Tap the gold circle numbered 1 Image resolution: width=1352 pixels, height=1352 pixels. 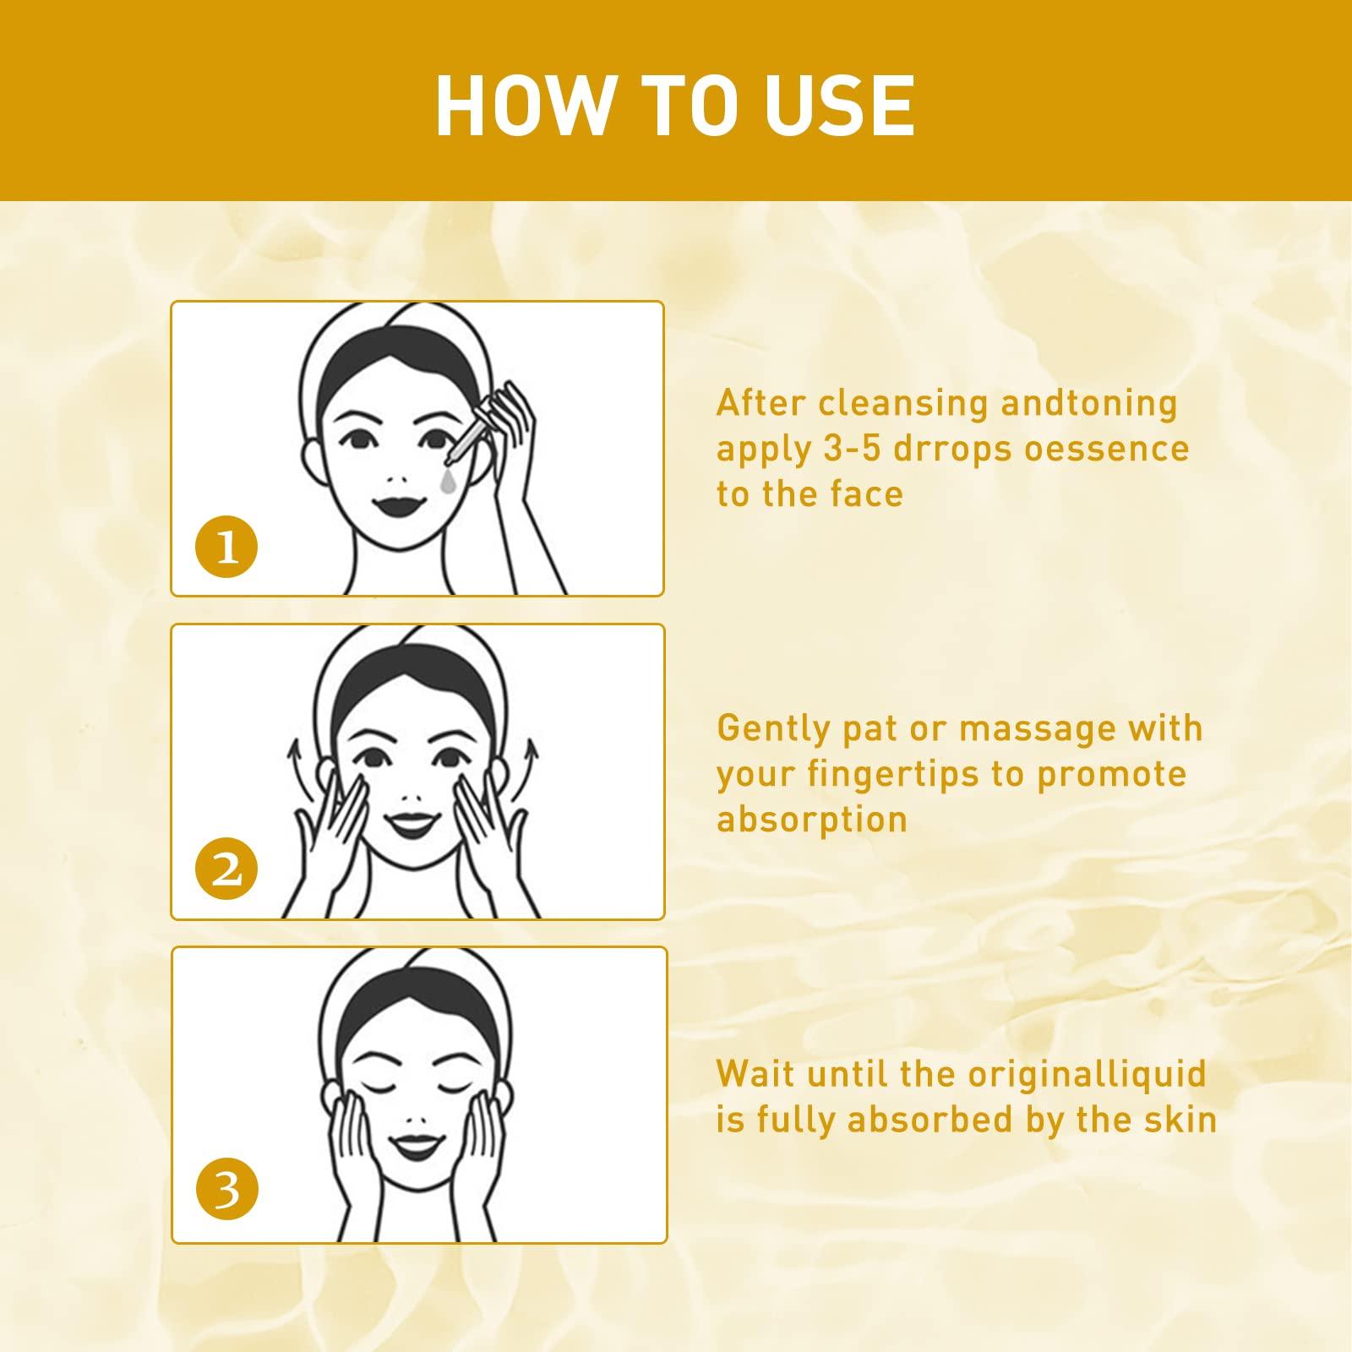[226, 548]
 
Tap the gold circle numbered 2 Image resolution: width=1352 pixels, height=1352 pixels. [226, 870]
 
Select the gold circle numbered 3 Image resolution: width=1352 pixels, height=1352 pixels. [226, 1191]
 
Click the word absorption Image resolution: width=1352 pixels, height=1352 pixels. [812, 819]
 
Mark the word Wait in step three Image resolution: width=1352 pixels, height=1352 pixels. [755, 1074]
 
